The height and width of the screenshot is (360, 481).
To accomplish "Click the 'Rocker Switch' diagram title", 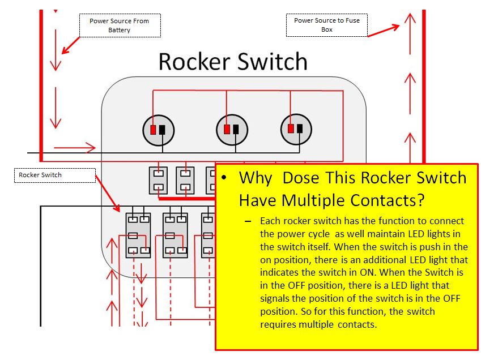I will point(233,62).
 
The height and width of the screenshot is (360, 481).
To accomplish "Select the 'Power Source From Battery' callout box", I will point(120,25).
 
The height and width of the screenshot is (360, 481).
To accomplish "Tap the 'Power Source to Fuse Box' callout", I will point(327,25).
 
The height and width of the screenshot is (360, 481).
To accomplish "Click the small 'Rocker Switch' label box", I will point(54,175).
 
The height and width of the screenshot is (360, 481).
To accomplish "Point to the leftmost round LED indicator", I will point(158,130).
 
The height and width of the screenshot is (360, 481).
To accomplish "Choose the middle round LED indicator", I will point(231,130).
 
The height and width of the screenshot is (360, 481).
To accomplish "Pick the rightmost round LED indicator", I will point(296,130).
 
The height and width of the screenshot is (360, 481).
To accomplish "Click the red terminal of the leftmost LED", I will point(154,130).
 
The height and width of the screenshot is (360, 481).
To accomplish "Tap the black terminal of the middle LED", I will point(236,130).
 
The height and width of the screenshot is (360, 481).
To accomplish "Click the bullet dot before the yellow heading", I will point(225,178).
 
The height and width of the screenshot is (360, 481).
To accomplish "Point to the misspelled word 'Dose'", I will point(301,178).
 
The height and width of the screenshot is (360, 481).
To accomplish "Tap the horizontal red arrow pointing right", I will point(83,148).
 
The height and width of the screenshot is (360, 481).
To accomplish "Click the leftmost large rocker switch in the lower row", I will point(138,235).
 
